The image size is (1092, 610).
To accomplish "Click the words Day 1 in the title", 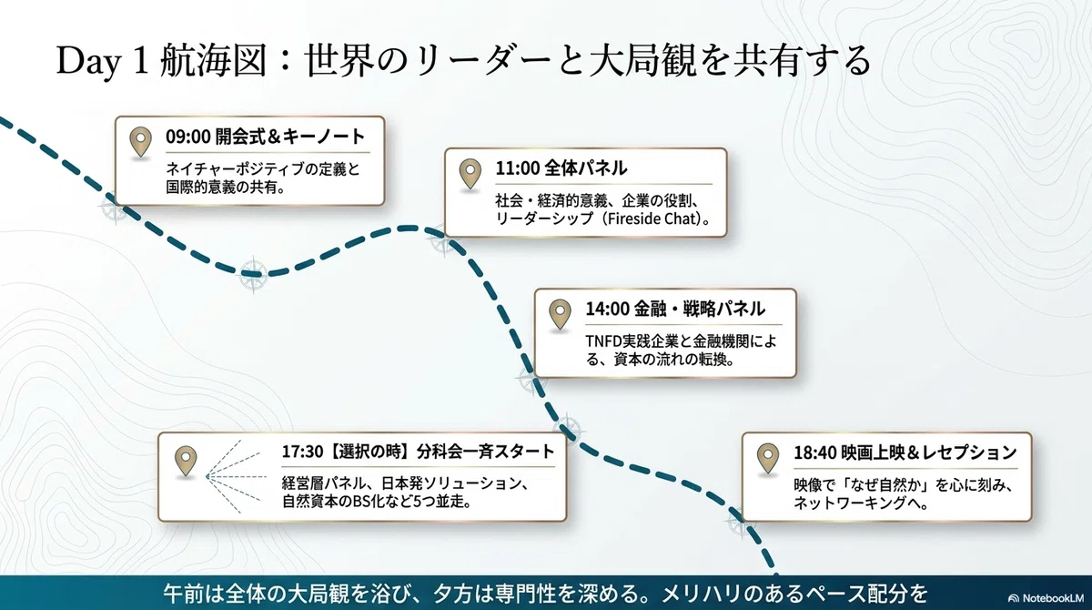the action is coord(103,61).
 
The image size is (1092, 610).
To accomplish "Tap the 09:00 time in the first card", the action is coord(187,137).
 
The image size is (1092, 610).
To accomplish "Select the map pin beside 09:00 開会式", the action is coord(140,142).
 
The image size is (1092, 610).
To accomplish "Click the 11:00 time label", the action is coord(517,168).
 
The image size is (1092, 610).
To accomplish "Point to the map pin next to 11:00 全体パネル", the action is coord(470,174).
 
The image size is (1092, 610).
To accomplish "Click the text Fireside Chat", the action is coord(653,219).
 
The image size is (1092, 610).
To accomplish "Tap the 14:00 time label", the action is coord(607,310).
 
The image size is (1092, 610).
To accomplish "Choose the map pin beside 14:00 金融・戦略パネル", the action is coord(560,314).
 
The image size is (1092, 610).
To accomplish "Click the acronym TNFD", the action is coord(604,341).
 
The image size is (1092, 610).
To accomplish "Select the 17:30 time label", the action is coord(302,452).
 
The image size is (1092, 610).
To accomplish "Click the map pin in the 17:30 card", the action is coord(186,462).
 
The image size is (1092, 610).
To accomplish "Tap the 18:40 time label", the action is coord(815,453).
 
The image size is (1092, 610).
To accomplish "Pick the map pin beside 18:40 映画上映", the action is coord(768,458).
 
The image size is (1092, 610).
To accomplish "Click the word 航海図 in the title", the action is coord(213,61).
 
